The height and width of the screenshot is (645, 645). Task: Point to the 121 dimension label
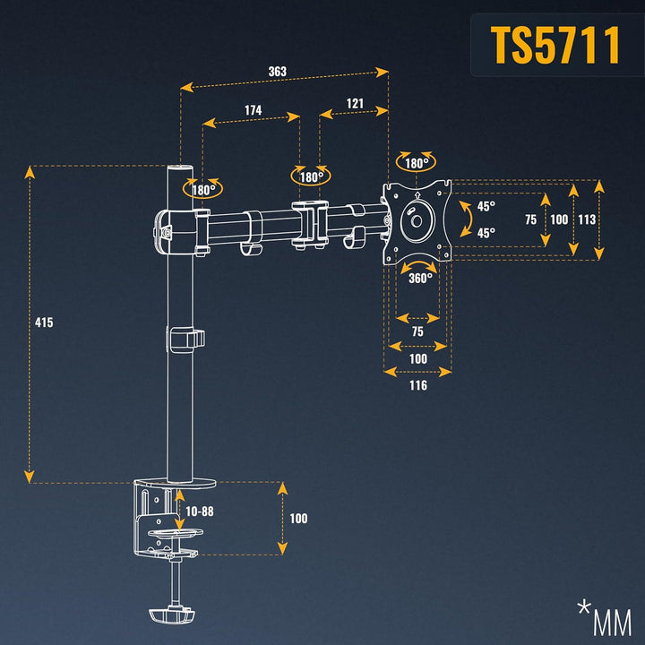[355, 103]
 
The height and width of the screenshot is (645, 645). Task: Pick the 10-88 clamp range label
[199, 511]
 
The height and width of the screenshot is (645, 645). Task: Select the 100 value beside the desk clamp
[298, 519]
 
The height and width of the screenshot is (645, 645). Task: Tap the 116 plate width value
[417, 385]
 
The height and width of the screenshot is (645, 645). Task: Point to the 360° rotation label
[420, 277]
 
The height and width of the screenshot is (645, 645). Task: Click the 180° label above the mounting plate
[416, 163]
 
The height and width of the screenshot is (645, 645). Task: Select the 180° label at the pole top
[202, 190]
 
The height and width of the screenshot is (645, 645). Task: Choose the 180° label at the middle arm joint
[311, 176]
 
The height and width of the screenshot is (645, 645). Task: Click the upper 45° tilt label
[486, 206]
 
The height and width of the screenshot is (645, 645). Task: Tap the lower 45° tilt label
[486, 233]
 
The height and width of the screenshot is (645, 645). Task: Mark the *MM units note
[605, 618]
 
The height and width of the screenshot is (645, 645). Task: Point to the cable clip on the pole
[185, 340]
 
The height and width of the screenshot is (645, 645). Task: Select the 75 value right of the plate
[530, 219]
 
